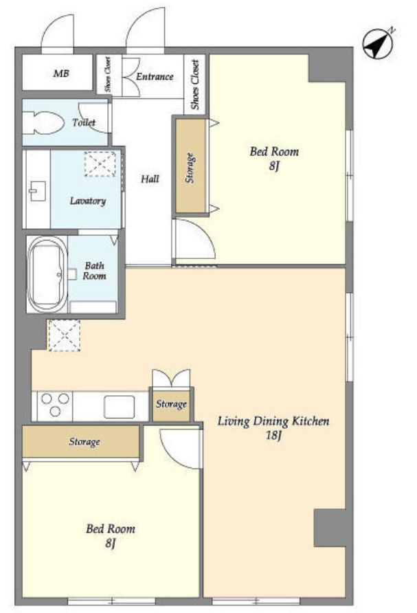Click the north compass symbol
[x=378, y=44]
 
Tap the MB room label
[x=61, y=73]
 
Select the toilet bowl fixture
[x=43, y=123]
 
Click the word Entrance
[x=155, y=77]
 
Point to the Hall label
[x=150, y=179]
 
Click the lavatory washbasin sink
[x=38, y=191]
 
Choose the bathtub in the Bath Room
[x=47, y=274]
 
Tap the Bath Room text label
[x=94, y=271]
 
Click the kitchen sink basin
[x=120, y=407]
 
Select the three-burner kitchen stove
[x=55, y=405]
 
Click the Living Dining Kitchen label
[x=273, y=421]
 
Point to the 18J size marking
[x=273, y=435]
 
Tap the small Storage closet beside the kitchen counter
[x=171, y=405]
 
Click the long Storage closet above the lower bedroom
[x=81, y=441]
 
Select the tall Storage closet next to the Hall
[x=190, y=166]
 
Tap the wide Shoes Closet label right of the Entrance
[x=195, y=84]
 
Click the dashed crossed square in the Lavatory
[x=100, y=164]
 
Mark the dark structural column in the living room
[x=330, y=528]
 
